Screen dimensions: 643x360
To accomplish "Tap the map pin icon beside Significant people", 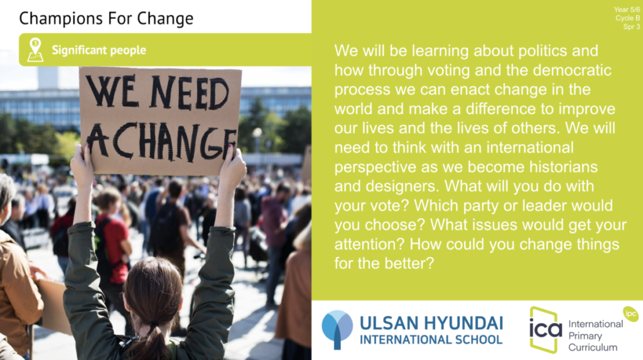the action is [35, 50].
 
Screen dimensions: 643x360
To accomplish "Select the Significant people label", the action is [99, 50].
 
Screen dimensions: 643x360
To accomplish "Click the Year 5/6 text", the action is [627, 9].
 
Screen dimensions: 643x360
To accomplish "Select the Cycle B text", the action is [627, 18].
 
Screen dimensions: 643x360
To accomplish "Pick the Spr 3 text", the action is [632, 26].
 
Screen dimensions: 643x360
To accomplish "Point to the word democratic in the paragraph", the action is [572, 70].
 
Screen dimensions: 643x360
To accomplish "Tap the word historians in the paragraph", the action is [563, 167].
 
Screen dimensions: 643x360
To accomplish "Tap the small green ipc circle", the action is [630, 314].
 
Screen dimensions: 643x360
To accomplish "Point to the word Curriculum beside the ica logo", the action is [593, 347].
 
